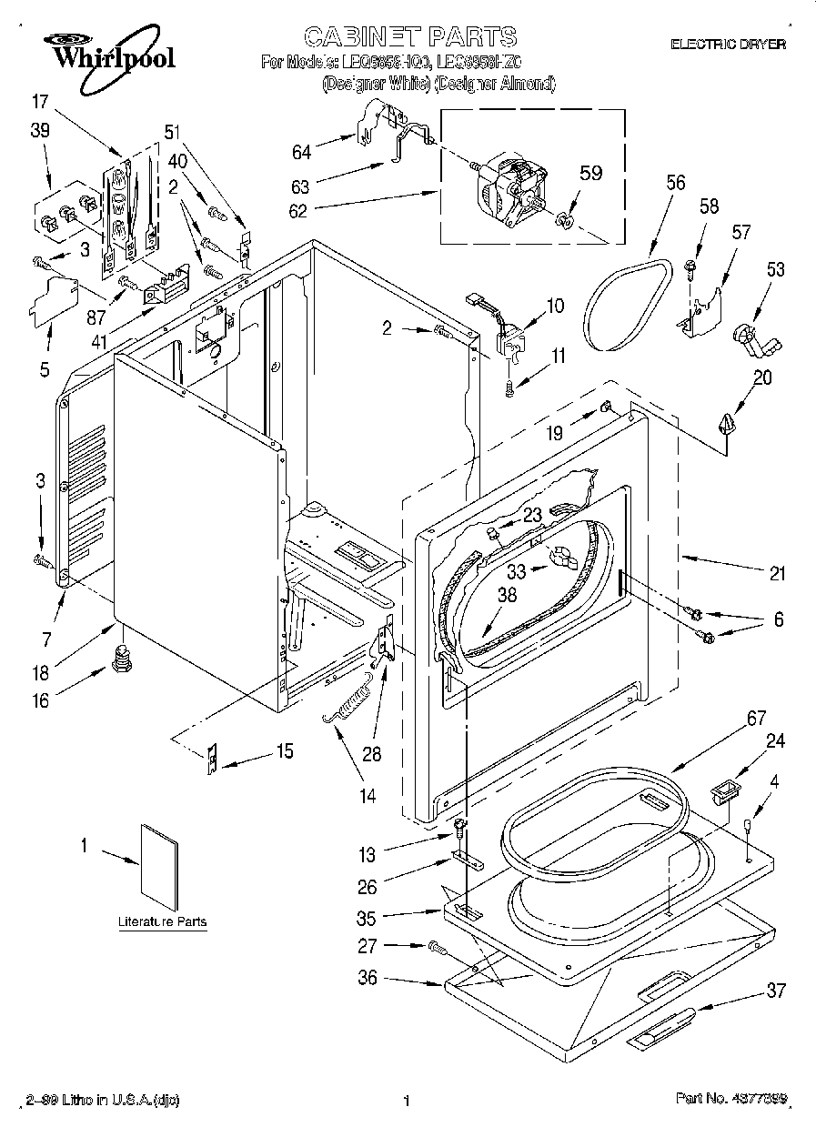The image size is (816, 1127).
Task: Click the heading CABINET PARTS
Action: point(409,37)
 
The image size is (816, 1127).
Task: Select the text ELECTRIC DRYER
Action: point(728,44)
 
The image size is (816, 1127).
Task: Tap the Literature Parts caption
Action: point(163,921)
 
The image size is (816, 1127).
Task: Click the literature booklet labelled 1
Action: point(156,860)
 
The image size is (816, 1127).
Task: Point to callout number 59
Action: point(591,173)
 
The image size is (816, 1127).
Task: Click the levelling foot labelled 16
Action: point(117,656)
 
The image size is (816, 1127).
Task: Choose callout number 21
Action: point(776,573)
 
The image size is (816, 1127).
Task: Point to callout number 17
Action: point(39,101)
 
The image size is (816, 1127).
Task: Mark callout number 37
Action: point(775,991)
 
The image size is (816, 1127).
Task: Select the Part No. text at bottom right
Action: point(731,1101)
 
